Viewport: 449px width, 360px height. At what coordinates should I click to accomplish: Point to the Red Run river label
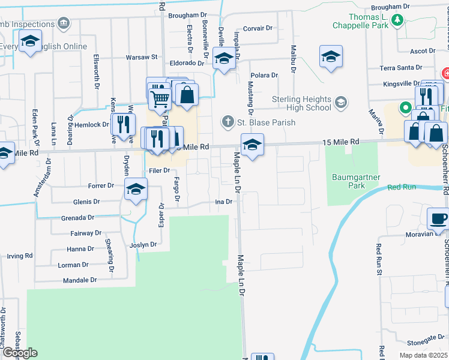402,188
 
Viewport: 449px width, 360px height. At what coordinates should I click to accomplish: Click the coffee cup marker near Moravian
438,218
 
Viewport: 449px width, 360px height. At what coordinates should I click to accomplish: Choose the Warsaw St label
141,58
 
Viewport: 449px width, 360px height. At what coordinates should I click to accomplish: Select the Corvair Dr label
258,28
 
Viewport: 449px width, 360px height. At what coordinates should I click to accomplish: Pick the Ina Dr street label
223,202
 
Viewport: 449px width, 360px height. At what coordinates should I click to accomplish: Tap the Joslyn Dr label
143,245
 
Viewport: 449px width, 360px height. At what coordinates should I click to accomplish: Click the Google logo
19,353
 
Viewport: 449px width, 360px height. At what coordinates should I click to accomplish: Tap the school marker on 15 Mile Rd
252,145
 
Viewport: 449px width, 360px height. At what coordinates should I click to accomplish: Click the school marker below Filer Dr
136,190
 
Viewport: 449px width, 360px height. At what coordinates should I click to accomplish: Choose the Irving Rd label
20,256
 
